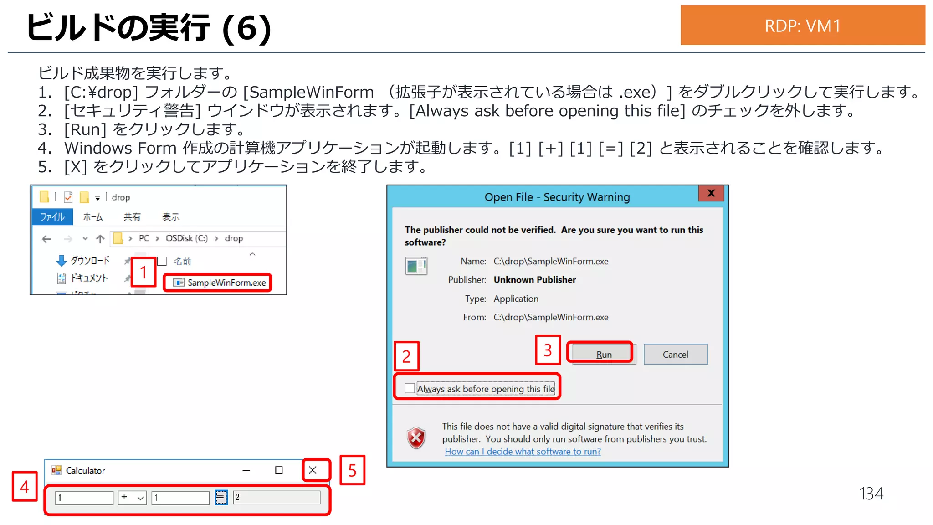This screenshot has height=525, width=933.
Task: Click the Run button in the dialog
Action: pyautogui.click(x=603, y=354)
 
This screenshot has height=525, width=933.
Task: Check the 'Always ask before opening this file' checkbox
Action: pyautogui.click(x=410, y=388)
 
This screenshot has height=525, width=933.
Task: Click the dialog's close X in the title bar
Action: pyautogui.click(x=711, y=193)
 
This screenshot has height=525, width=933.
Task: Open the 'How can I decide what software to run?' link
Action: pyautogui.click(x=523, y=451)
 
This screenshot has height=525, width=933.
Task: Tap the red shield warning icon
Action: pyautogui.click(x=416, y=438)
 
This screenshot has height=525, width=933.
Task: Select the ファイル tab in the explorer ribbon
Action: pyautogui.click(x=52, y=216)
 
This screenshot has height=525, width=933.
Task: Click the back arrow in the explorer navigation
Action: pyautogui.click(x=46, y=238)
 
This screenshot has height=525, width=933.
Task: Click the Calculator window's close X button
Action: pyautogui.click(x=313, y=470)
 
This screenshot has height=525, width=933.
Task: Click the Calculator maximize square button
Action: pyautogui.click(x=279, y=470)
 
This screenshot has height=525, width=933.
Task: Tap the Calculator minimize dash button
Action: pyautogui.click(x=246, y=470)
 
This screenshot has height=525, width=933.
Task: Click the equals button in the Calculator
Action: pyautogui.click(x=221, y=497)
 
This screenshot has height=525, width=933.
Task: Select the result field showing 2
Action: pyautogui.click(x=277, y=497)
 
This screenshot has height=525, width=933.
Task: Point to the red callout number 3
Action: pyautogui.click(x=548, y=350)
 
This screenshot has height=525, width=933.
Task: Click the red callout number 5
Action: pyautogui.click(x=352, y=470)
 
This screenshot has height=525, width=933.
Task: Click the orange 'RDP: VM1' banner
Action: pyautogui.click(x=802, y=26)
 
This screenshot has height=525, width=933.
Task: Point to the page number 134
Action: pyautogui.click(x=871, y=494)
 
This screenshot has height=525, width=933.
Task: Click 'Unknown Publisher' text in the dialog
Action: pyautogui.click(x=534, y=279)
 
